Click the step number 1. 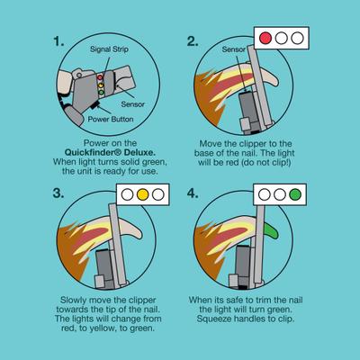point(59,42)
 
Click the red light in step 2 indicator point(265,39)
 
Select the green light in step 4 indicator point(298,193)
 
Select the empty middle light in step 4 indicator point(282,193)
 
